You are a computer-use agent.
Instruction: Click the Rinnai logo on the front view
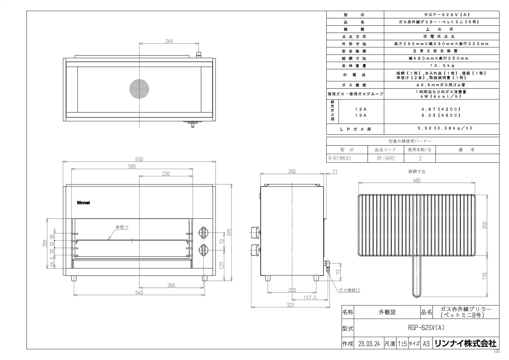tap(83, 203)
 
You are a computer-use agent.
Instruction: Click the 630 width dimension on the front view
tap(139, 159)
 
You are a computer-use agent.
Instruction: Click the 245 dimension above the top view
tap(169, 41)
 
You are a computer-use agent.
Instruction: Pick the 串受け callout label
tap(122, 227)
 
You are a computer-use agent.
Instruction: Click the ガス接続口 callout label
tap(349, 290)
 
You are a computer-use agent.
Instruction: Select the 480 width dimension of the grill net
tap(416, 180)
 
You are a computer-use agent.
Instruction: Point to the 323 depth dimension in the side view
tap(290, 305)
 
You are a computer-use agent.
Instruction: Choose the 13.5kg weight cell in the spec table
tap(441, 66)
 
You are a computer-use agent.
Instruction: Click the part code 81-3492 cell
tap(386, 158)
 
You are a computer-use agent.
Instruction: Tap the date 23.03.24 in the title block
tap(369, 344)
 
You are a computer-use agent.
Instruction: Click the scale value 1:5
tap(402, 344)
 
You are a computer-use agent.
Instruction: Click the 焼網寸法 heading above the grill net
tap(417, 172)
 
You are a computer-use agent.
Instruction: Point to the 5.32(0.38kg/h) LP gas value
tap(441, 129)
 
